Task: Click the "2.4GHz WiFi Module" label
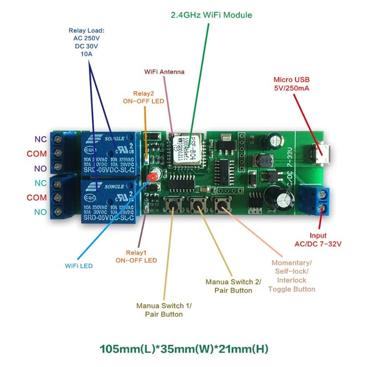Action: click(211, 15)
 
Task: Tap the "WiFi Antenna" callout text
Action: click(164, 72)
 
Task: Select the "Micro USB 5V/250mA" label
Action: click(291, 84)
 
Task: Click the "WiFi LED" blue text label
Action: click(79, 266)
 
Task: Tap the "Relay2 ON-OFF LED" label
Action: click(143, 97)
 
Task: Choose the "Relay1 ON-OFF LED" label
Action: click(136, 257)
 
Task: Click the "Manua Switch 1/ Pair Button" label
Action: click(164, 310)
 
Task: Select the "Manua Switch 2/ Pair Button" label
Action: click(233, 286)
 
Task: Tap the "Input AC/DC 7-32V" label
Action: click(318, 240)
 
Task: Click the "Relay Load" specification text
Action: click(86, 42)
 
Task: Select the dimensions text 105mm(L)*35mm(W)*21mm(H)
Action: click(184, 349)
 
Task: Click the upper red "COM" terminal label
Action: click(37, 154)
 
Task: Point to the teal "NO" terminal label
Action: click(40, 212)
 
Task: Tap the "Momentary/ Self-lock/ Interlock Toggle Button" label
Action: click(291, 276)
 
